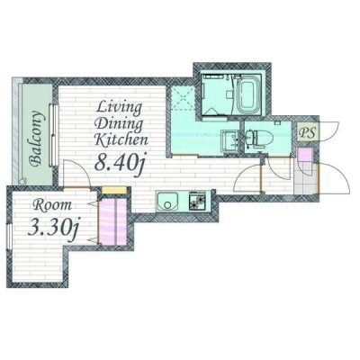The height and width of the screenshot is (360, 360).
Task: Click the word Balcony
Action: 37,139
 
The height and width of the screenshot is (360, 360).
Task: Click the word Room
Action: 53,205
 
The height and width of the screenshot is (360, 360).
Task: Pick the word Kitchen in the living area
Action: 121,139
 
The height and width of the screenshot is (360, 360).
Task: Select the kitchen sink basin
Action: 168,202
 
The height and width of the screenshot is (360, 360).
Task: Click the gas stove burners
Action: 198,201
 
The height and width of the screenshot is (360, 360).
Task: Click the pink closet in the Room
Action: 112,221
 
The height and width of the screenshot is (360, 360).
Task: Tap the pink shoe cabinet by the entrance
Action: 305,155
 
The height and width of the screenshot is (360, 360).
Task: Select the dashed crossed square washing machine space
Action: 183,98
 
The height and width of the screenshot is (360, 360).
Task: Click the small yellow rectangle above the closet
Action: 113,190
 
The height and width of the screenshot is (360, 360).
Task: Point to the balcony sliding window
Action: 54,135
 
